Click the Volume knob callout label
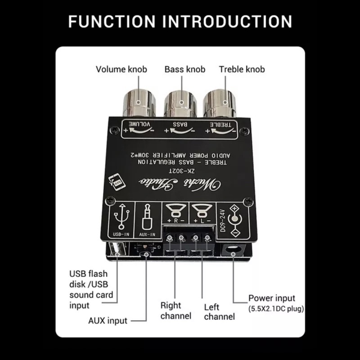(121, 69)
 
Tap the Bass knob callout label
(184, 69)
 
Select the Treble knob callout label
(242, 69)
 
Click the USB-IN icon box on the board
(122, 220)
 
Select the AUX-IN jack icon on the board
(147, 220)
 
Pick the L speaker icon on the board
(200, 212)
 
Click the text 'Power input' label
(272, 298)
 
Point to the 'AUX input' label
(108, 321)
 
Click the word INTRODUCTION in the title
(227, 22)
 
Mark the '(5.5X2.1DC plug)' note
(276, 309)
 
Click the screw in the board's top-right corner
(244, 130)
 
